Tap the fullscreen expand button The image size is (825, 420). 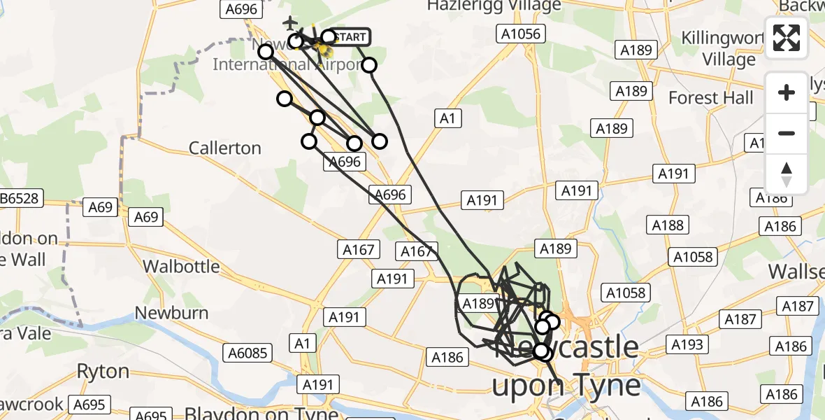(787, 38)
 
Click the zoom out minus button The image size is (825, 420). (787, 133)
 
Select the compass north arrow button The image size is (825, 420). (787, 174)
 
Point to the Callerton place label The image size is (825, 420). (225, 148)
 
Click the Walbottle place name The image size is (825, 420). (181, 267)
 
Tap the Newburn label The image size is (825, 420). (172, 313)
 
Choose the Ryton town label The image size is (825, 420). (103, 371)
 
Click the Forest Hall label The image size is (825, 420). (711, 97)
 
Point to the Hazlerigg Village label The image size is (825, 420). (494, 6)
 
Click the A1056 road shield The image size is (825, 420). (519, 34)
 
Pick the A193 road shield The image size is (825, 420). (687, 344)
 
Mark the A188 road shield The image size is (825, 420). (667, 225)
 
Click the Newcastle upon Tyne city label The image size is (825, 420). (566, 366)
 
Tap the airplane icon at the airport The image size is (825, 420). (289, 22)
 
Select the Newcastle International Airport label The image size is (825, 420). (273, 64)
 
